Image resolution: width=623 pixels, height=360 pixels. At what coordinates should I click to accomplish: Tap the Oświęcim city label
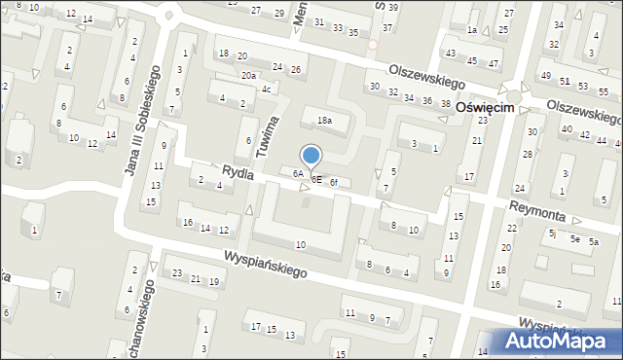492,109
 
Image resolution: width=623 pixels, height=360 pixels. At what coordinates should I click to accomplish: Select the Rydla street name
238,172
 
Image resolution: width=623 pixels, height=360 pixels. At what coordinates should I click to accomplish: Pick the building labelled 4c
266,90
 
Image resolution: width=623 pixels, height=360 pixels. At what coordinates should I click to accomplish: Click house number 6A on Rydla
299,174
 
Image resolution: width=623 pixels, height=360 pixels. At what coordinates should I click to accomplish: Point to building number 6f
333,182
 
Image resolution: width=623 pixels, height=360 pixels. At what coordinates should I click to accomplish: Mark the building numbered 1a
472,30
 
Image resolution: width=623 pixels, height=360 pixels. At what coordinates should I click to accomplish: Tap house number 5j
552,234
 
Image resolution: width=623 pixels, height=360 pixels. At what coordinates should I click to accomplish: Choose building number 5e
575,238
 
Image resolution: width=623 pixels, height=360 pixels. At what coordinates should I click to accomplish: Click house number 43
450,53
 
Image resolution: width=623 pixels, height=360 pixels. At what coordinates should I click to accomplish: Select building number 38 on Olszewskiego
445,103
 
